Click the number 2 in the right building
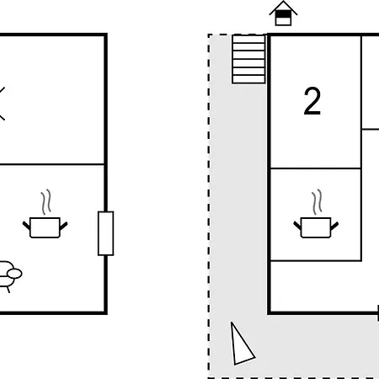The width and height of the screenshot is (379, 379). tap(312, 101)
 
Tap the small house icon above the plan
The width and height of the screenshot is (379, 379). tap(283, 13)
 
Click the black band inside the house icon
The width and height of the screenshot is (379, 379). tap(283, 13)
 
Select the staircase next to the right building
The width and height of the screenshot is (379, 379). tap(248, 59)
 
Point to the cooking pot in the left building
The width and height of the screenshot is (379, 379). tap(45, 227)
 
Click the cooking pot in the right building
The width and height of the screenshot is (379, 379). tap(316, 227)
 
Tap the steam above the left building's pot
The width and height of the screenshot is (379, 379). tap(46, 201)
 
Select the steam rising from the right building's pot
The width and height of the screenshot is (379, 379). tap(318, 201)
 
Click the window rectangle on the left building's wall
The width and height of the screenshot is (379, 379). tap(106, 233)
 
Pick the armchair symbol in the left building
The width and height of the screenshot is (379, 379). tap(8, 276)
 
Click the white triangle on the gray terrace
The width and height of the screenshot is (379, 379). tap(242, 344)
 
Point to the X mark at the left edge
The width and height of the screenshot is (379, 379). tap(2, 104)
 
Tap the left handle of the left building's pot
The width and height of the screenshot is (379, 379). tap(26, 226)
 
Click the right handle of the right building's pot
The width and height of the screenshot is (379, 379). tap(334, 226)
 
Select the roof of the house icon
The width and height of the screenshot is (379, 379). tap(283, 7)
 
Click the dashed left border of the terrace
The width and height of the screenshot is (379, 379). tap(209, 206)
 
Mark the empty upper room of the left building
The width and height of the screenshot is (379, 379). tap(52, 99)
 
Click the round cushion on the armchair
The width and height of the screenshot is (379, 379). tap(14, 274)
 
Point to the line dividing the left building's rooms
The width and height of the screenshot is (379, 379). tap(52, 164)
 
